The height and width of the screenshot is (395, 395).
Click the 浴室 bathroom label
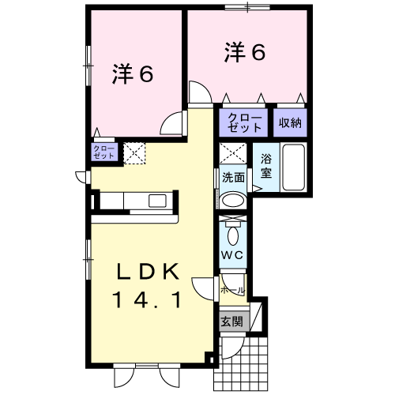pyautogui.click(x=266, y=166)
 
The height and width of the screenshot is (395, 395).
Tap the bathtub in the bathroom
pyautogui.click(x=294, y=167)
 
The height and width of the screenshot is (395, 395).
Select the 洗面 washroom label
pyautogui.click(x=233, y=178)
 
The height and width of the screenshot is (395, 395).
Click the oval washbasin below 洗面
pyautogui.click(x=233, y=201)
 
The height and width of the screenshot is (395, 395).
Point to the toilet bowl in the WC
pyautogui.click(x=233, y=235)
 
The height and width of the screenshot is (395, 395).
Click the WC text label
pyautogui.click(x=232, y=255)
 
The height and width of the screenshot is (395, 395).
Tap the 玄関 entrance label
pyautogui.click(x=231, y=322)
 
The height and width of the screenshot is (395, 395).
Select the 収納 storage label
pyautogui.click(x=290, y=122)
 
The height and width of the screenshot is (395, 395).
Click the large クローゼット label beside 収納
pyautogui.click(x=244, y=122)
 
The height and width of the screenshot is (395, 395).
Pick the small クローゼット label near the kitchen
pyautogui.click(x=103, y=152)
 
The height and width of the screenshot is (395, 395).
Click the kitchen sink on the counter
pyautogui.click(x=157, y=201)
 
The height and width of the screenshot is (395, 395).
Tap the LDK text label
pyautogui.click(x=149, y=271)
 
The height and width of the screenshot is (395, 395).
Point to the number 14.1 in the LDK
pyautogui.click(x=147, y=300)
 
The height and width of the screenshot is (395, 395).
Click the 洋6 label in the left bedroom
pyautogui.click(x=133, y=74)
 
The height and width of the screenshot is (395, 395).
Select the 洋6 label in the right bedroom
pyautogui.click(x=245, y=52)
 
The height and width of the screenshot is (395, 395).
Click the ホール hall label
pyautogui.click(x=233, y=291)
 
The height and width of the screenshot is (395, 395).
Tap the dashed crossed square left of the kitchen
pyautogui.click(x=134, y=153)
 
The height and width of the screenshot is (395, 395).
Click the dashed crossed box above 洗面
pyautogui.click(x=233, y=153)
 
